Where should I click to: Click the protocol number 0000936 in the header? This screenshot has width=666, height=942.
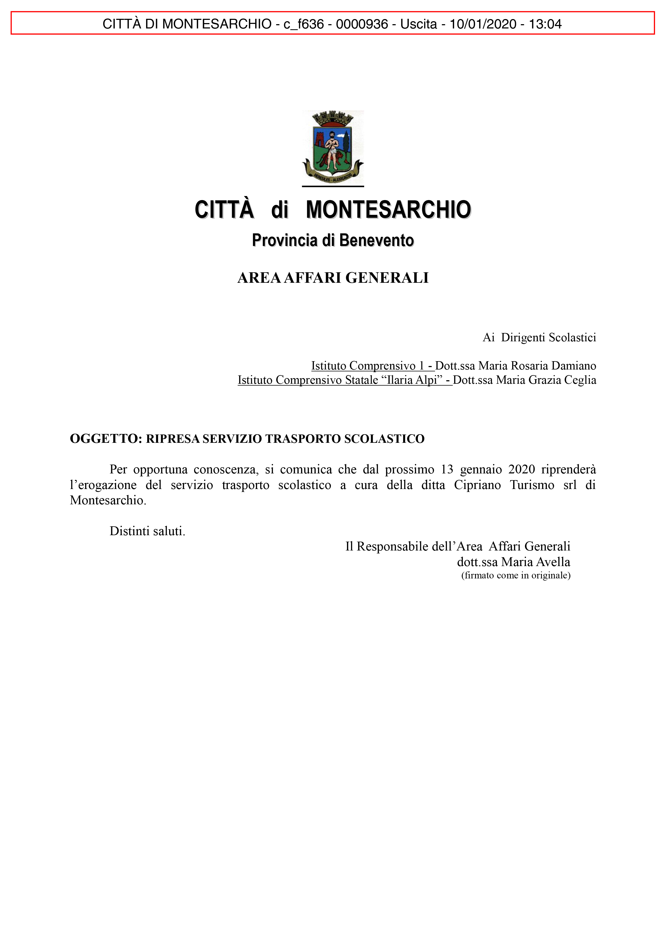pyautogui.click(x=361, y=24)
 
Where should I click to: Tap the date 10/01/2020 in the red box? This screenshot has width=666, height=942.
pyautogui.click(x=483, y=24)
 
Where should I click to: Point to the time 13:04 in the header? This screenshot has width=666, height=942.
pyautogui.click(x=545, y=24)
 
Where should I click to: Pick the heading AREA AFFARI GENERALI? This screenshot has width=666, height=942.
pyautogui.click(x=333, y=278)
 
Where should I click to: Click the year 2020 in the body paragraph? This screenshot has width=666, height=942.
pyautogui.click(x=522, y=469)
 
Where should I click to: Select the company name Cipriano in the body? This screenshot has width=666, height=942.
pyautogui.click(x=477, y=485)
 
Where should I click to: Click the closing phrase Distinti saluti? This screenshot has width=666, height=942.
pyautogui.click(x=147, y=531)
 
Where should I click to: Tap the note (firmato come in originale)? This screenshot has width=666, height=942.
pyautogui.click(x=516, y=575)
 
